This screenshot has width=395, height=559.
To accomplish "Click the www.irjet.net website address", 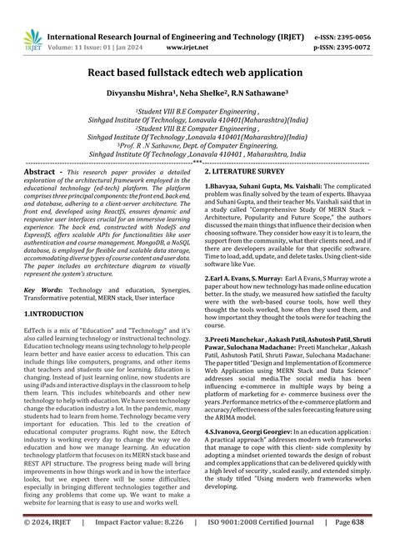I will [x=191, y=25].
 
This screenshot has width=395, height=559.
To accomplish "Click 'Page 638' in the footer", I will [x=370, y=546].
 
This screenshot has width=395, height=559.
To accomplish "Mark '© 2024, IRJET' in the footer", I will [x=34, y=546].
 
